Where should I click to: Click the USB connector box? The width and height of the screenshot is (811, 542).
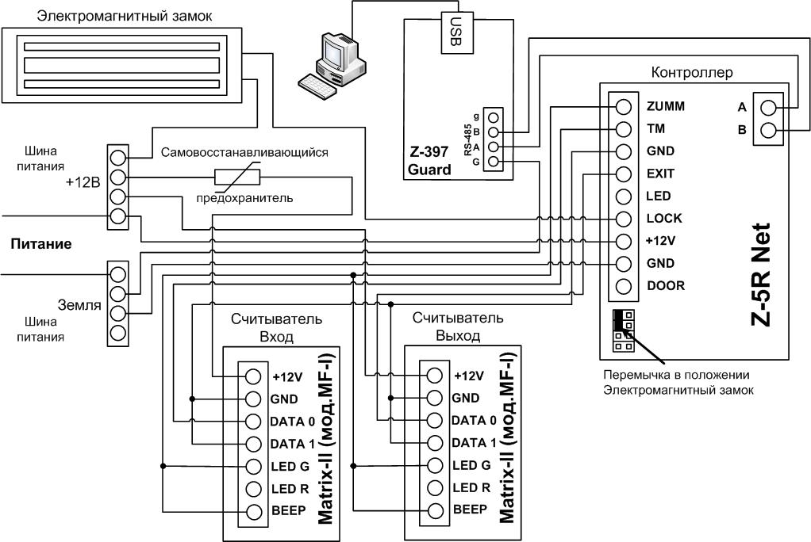coord(457,32)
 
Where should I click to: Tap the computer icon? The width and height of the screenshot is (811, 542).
coord(332,66)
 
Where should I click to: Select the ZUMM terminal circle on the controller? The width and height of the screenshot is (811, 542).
coord(624,107)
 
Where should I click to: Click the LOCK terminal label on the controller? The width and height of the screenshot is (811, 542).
coord(664,219)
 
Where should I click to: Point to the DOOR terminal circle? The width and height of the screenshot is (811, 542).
coord(624,286)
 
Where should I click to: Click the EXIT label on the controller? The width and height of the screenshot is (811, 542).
coord(660,174)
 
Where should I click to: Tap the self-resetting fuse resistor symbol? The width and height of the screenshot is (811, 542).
coord(237,178)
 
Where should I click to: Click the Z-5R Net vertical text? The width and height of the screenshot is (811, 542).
coord(760,275)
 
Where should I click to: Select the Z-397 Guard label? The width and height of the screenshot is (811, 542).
coord(429,161)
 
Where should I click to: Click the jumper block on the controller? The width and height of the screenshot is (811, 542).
coord(624,330)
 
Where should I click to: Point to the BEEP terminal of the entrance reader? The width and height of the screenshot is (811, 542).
coord(253,512)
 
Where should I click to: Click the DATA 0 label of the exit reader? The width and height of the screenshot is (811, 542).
coord(474,421)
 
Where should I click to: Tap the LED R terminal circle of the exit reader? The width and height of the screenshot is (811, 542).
coord(435,488)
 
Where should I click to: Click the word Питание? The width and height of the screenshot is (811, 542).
coord(41,244)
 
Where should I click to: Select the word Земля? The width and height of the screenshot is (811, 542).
coord(79,305)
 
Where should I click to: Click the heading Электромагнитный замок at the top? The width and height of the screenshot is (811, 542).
coord(125,16)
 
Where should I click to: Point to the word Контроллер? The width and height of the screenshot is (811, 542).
coord(691,72)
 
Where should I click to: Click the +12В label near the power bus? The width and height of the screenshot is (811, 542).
coord(83,182)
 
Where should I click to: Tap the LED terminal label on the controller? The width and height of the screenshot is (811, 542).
coord(659,197)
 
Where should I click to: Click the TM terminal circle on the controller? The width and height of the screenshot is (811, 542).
coord(624,129)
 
